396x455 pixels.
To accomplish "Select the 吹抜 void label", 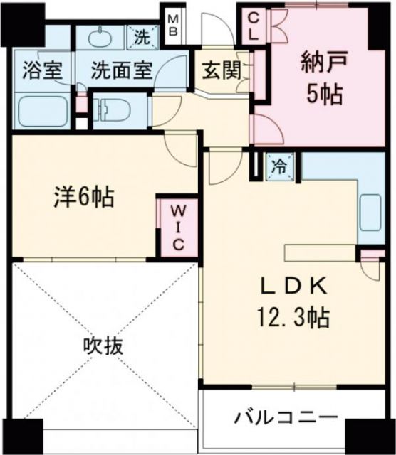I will (103, 346).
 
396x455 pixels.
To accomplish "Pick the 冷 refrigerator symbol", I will (279, 167).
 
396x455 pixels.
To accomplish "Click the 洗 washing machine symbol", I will (140, 38).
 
